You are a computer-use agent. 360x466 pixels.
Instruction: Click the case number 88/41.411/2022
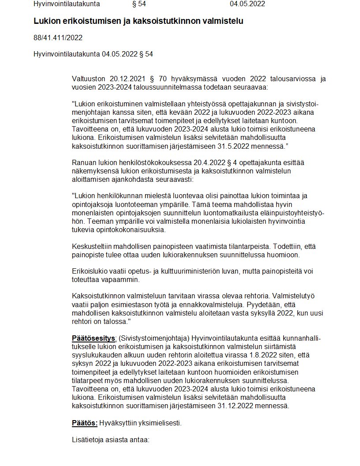pos(58,38)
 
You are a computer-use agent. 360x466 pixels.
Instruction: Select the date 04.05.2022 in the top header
pos(247,4)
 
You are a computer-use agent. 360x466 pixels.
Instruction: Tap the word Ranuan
pos(83,163)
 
